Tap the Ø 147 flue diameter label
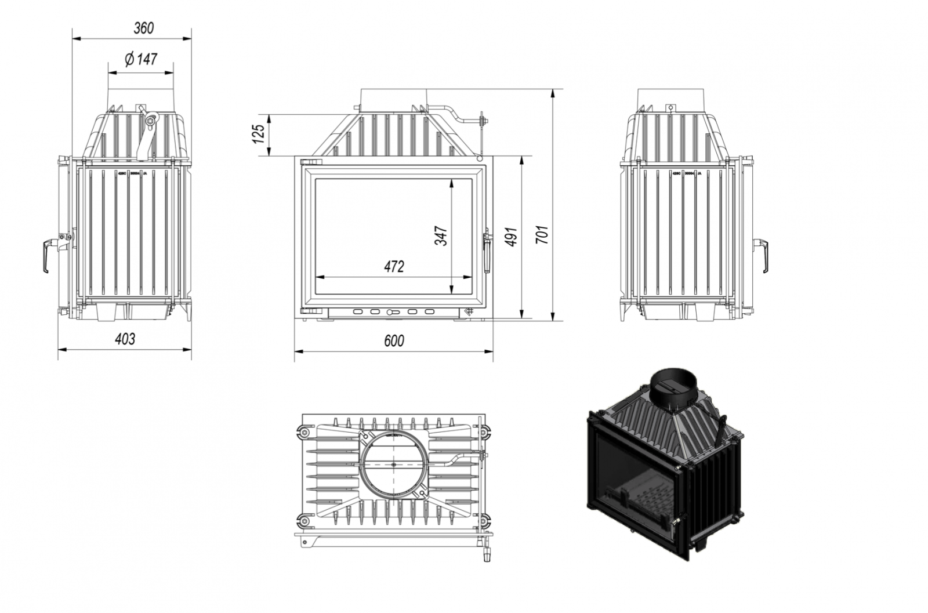141,59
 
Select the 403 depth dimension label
125,338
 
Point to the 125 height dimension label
259,134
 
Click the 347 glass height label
441,235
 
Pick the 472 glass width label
394,267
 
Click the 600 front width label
394,340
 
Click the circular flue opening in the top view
394,465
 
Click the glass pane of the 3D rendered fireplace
633,481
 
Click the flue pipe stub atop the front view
394,99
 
